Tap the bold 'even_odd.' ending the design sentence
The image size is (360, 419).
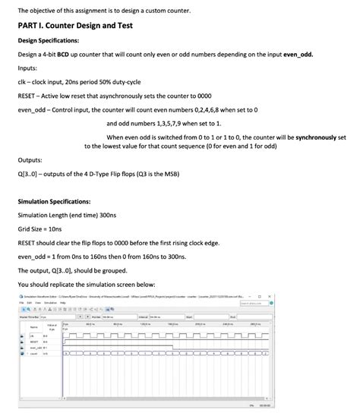point(293,55)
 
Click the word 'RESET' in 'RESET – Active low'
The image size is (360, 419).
point(27,96)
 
